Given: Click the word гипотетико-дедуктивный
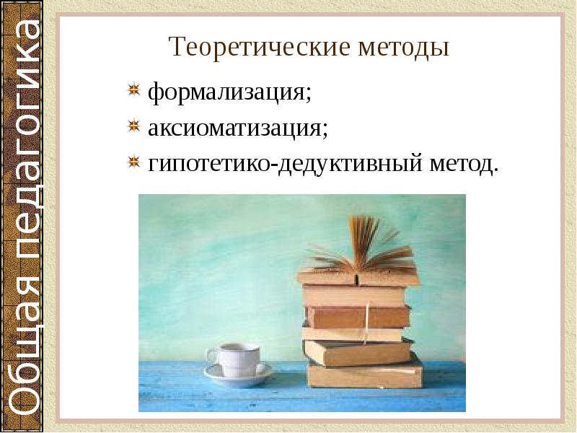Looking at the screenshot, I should click(x=284, y=164).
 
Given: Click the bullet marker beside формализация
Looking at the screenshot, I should click(x=133, y=91).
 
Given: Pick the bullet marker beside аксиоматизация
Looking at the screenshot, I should click(x=133, y=126).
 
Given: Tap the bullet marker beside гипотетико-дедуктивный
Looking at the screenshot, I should click(x=133, y=162).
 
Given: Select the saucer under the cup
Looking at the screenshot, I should click(x=239, y=372).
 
